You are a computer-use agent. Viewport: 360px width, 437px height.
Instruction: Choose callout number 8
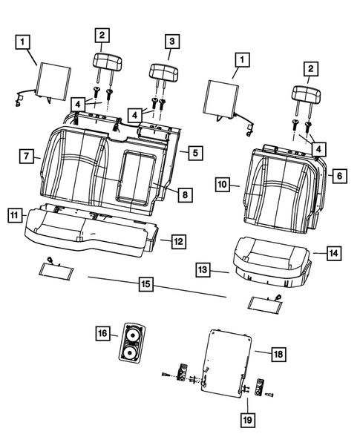[x=185, y=194]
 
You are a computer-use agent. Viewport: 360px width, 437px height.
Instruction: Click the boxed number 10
[x=223, y=183]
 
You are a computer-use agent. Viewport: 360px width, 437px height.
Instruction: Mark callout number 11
[x=14, y=215]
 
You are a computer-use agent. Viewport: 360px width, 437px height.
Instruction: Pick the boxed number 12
[x=177, y=241]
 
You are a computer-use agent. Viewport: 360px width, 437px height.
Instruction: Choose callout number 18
[x=278, y=355]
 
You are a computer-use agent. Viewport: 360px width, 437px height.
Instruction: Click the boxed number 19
[x=246, y=420]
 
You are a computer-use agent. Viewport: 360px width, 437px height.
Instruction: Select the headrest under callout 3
[x=165, y=73]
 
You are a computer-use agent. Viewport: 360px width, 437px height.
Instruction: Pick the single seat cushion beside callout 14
[x=269, y=257]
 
